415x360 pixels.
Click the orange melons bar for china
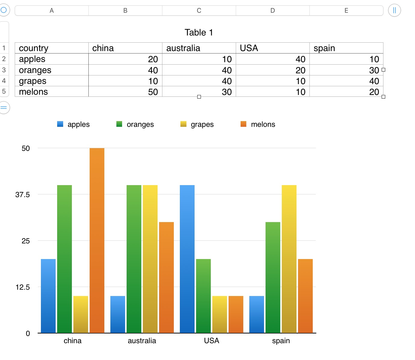coord(97,240)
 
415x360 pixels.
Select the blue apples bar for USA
coord(187,259)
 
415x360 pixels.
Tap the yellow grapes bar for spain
coord(289,259)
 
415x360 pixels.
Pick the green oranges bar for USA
coord(203,296)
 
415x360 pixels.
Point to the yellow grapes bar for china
coord(81,314)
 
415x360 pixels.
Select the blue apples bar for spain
coord(257,314)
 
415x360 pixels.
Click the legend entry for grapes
coord(197,124)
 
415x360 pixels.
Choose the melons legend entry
coord(258,124)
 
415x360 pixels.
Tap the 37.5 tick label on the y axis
coord(23,195)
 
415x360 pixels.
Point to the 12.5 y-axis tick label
coord(23,287)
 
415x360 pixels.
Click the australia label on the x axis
coord(142,341)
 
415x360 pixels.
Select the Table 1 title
coord(199,32)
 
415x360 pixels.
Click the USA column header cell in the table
coord(272,48)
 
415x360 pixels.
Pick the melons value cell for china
coord(125,92)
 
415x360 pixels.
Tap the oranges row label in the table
coord(51,70)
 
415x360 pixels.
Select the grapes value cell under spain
coord(346,81)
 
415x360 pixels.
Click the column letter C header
coord(199,11)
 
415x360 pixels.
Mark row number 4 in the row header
coord(4,81)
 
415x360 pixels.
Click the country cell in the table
coord(51,48)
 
